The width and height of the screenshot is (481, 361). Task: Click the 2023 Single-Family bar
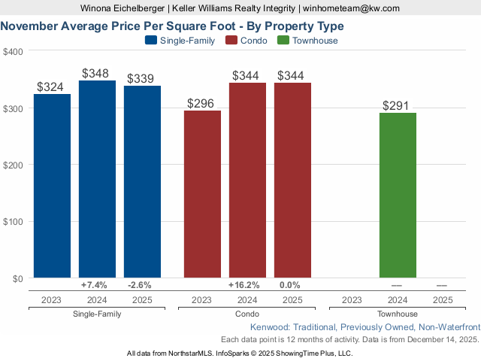point(52,186)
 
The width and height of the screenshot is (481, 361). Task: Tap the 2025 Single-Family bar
point(142,182)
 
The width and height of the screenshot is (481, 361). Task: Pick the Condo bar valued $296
point(202,194)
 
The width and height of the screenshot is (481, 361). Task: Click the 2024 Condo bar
point(247,180)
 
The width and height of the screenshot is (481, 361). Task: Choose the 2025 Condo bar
point(292,180)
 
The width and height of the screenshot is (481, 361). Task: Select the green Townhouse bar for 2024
point(398,196)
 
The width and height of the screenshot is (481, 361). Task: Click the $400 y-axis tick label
point(13,51)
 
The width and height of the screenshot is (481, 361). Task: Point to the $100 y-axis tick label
point(13,221)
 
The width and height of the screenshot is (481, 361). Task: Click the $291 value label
point(398,106)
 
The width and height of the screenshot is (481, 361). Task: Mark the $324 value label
point(52,87)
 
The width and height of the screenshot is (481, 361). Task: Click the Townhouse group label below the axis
point(397,314)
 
